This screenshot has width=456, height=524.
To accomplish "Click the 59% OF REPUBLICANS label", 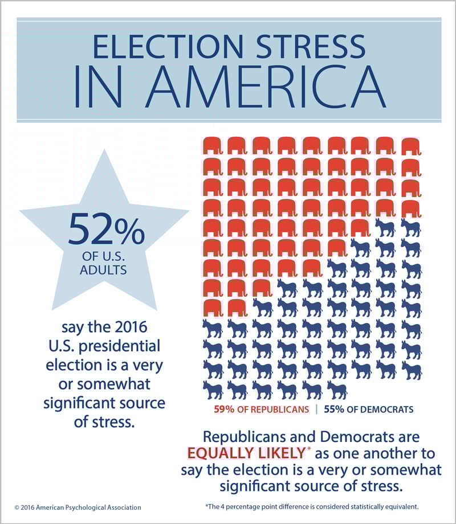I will [x=262, y=409].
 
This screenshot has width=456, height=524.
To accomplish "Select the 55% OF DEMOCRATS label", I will [x=369, y=409].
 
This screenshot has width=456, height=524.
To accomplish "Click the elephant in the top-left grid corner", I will [x=212, y=146].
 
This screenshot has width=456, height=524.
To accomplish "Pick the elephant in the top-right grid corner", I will [x=411, y=146].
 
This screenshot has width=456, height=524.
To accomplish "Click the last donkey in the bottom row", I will [x=337, y=390].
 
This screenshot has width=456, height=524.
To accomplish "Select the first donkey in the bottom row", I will [x=212, y=390].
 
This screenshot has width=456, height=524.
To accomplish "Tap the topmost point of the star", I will [x=105, y=152].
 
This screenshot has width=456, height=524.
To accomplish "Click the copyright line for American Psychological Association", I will [x=78, y=507].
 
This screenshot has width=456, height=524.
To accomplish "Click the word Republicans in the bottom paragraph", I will [x=253, y=437].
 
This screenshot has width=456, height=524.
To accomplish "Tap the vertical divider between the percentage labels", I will [x=317, y=409].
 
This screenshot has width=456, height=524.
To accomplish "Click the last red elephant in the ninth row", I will [x=237, y=307].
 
